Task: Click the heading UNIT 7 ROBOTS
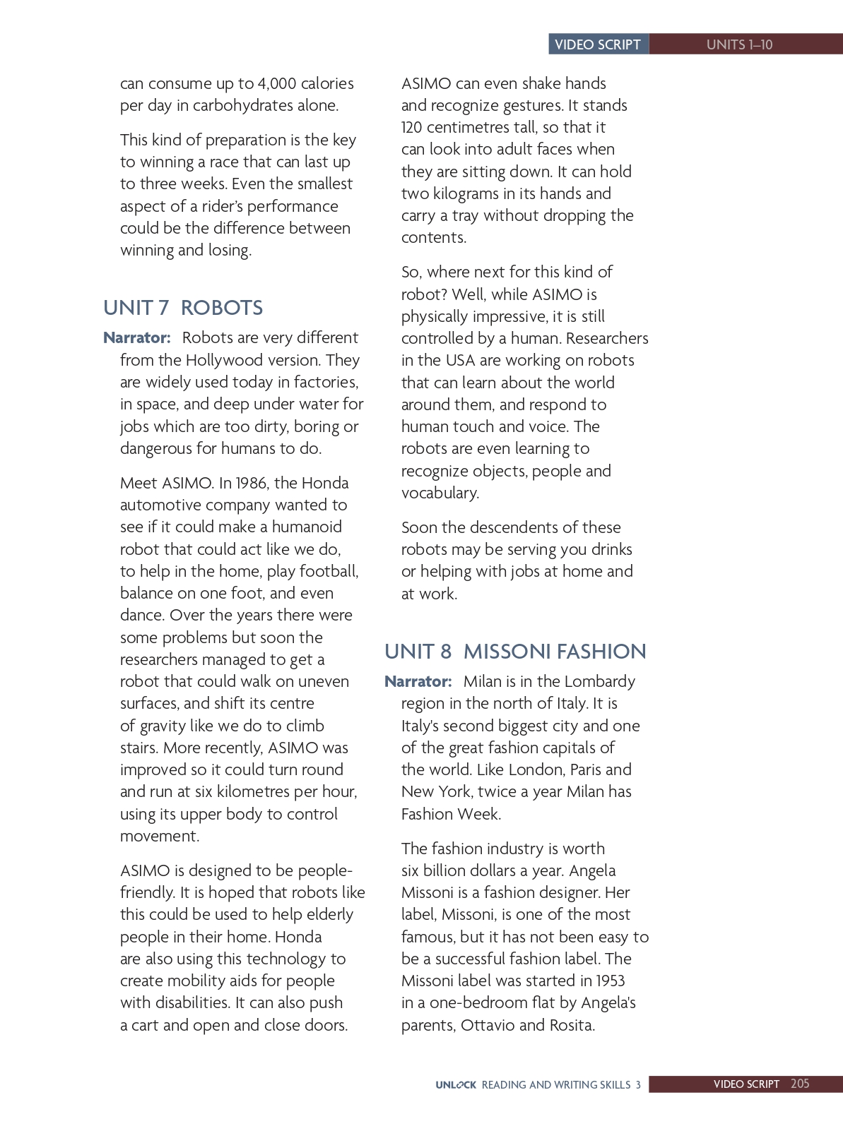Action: pos(182,308)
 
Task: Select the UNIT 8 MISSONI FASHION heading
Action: pos(514,651)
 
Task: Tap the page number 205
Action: pos(800,1084)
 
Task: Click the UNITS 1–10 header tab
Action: pos(739,44)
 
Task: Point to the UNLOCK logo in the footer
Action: pos(456,1084)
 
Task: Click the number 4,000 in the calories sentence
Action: pos(277,83)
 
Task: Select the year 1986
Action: pos(251,483)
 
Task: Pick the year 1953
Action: pos(611,981)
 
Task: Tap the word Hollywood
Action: pos(232,360)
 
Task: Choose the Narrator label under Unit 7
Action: pos(137,337)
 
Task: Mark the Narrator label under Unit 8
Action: pos(418,681)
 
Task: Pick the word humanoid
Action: pos(307,527)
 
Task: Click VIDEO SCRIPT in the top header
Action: pos(598,44)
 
